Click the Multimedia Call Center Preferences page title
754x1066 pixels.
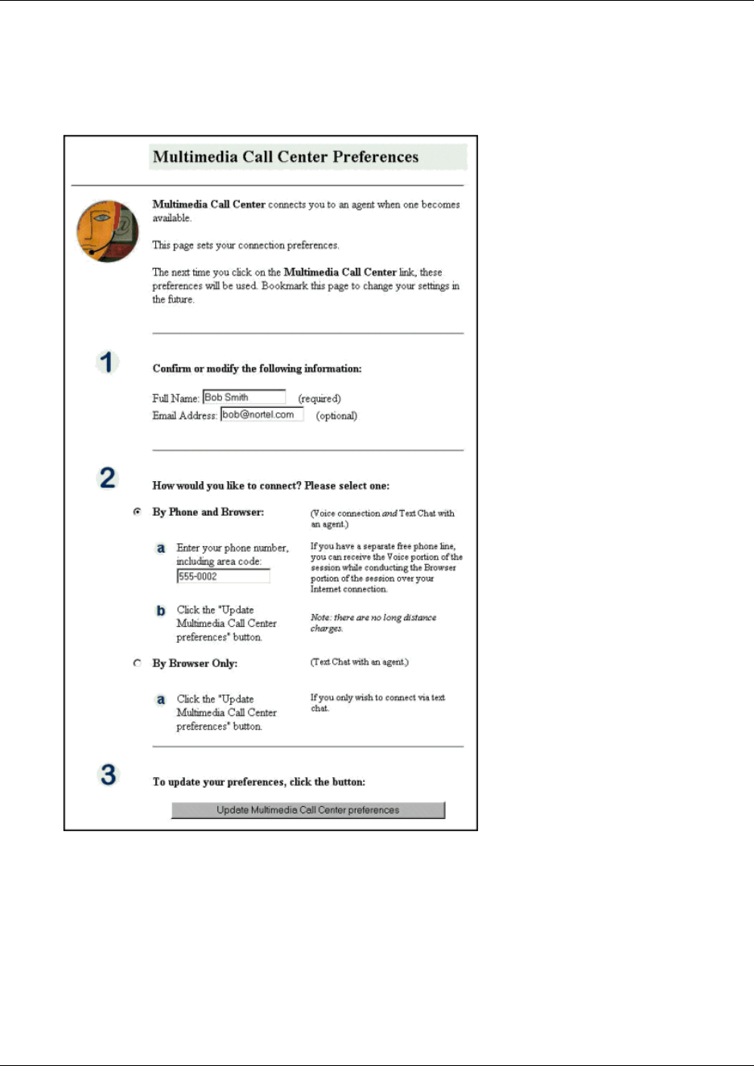pyautogui.click(x=286, y=157)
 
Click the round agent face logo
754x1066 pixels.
pyautogui.click(x=108, y=231)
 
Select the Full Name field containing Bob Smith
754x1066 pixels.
pyautogui.click(x=244, y=397)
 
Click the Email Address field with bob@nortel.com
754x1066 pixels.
pyautogui.click(x=262, y=415)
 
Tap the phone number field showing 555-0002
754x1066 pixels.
pyautogui.click(x=223, y=577)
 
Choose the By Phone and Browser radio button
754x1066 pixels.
pyautogui.click(x=138, y=512)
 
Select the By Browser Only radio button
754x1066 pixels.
pyautogui.click(x=138, y=663)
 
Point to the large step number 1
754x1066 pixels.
pyautogui.click(x=108, y=362)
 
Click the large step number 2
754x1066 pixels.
pyautogui.click(x=108, y=478)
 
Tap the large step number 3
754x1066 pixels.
pyautogui.click(x=108, y=775)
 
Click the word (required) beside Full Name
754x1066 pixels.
pyautogui.click(x=319, y=399)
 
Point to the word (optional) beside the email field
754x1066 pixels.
pyautogui.click(x=336, y=416)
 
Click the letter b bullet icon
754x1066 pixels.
pyautogui.click(x=161, y=611)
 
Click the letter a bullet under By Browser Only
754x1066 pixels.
pyautogui.click(x=161, y=700)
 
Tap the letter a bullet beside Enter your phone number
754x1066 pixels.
pyautogui.click(x=161, y=549)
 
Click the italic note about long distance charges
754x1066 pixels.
pyautogui.click(x=373, y=623)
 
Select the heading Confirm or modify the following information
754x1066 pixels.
pyautogui.click(x=257, y=368)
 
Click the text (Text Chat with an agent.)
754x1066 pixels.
pyautogui.click(x=360, y=662)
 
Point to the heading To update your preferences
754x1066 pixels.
pyautogui.click(x=258, y=782)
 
